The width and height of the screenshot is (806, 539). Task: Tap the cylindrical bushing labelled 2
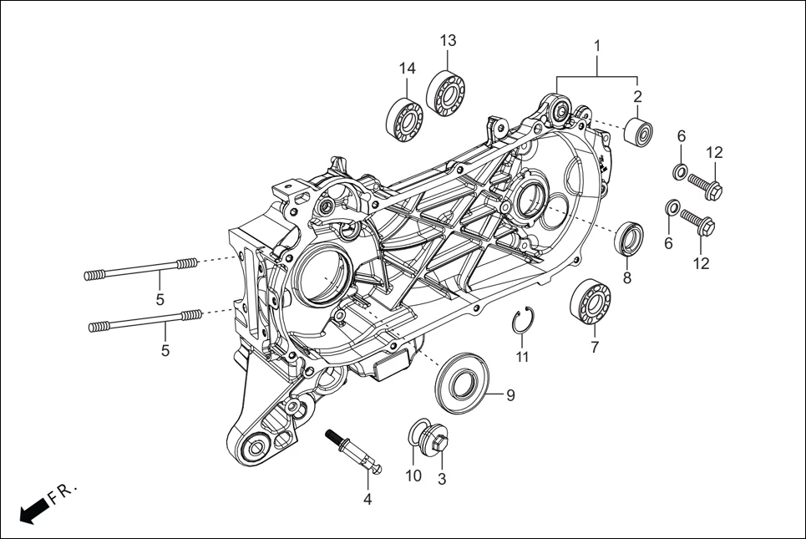pyautogui.click(x=638, y=132)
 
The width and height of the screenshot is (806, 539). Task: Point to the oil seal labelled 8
pyautogui.click(x=630, y=238)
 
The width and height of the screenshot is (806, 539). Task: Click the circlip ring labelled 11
pyautogui.click(x=521, y=323)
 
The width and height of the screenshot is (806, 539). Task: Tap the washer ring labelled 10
pyautogui.click(x=417, y=433)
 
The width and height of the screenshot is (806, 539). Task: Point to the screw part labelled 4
pyautogui.click(x=356, y=451)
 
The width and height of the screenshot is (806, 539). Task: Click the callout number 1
pyautogui.click(x=597, y=43)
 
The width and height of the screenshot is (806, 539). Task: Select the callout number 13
pyautogui.click(x=449, y=40)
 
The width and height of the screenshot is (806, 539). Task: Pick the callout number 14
pyautogui.click(x=407, y=68)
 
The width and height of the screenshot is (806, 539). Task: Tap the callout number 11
pyautogui.click(x=522, y=357)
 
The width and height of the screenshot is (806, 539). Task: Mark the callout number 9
pyautogui.click(x=509, y=395)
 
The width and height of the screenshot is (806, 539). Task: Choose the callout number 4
pyautogui.click(x=367, y=500)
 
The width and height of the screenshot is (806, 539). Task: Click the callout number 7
pyautogui.click(x=595, y=348)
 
